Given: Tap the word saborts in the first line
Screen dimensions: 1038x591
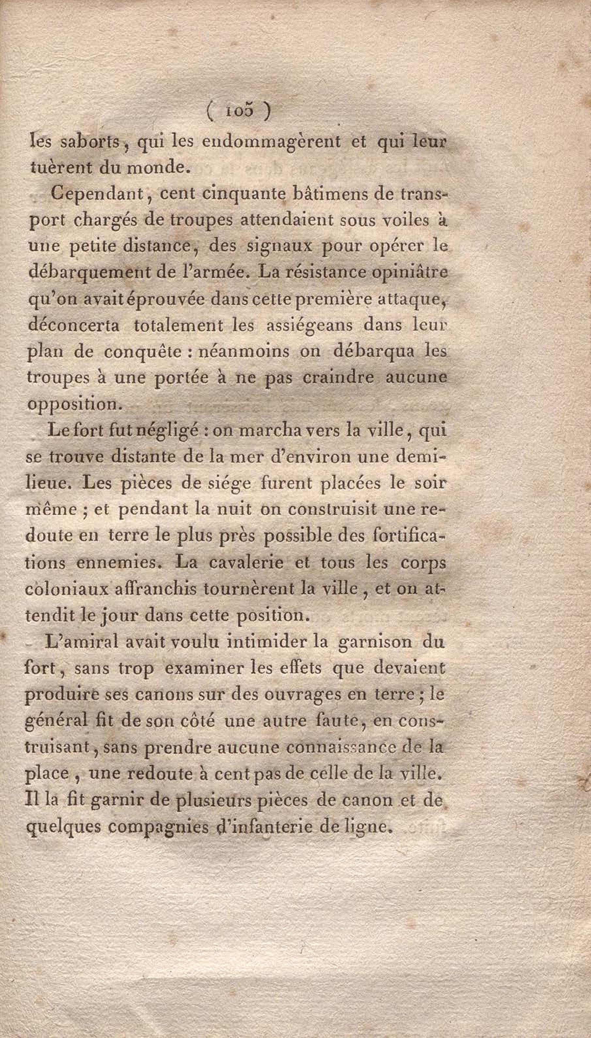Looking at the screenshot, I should [90, 142].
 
